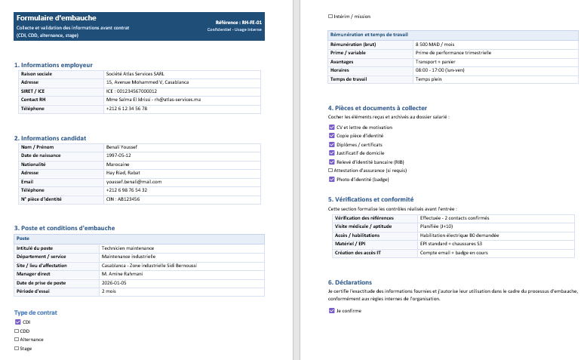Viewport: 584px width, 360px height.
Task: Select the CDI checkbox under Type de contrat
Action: coord(18,322)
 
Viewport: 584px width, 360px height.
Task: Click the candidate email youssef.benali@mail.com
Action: coord(134,181)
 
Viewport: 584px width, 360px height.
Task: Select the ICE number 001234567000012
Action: coord(131,91)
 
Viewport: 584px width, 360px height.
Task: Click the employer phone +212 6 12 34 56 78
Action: coord(127,108)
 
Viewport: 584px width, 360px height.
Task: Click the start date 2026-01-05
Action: coord(117,282)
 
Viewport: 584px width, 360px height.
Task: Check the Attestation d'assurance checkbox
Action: coord(331,171)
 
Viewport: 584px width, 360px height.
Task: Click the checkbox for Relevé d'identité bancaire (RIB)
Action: coord(331,162)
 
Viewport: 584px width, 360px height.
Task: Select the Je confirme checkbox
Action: coord(331,310)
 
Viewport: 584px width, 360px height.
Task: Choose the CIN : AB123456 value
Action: coord(123,198)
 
